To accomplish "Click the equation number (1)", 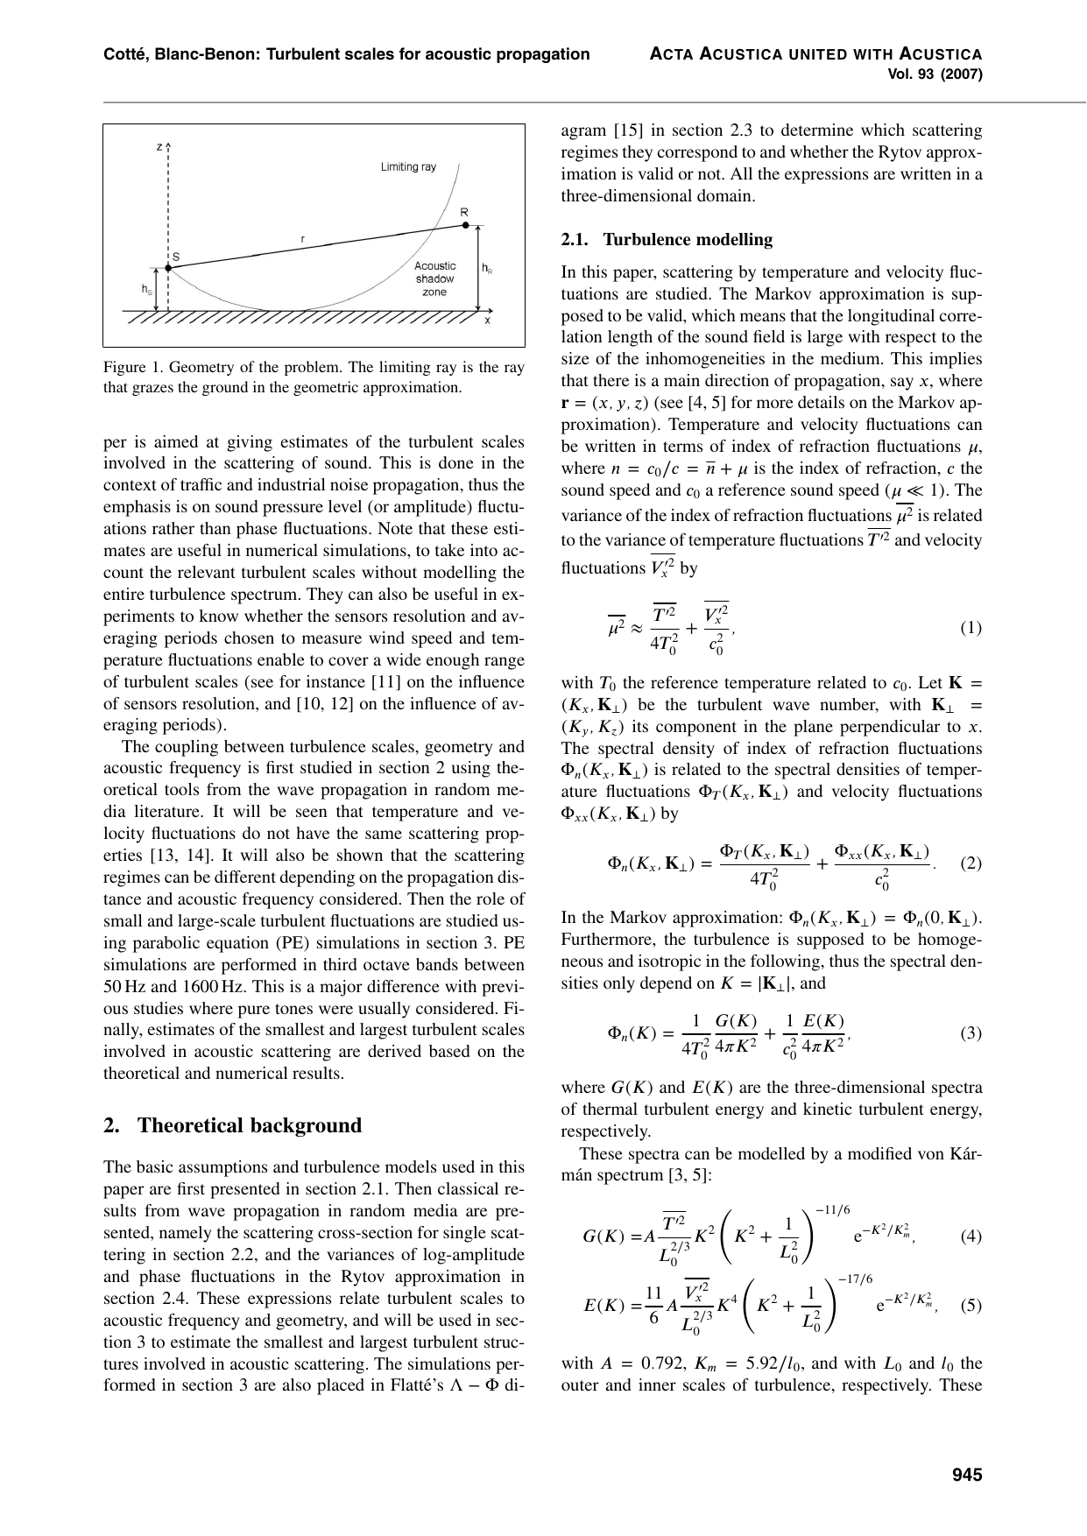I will (x=971, y=629).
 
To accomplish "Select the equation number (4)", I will (x=971, y=1237).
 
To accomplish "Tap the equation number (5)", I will (x=971, y=1306).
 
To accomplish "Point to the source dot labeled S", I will (x=167, y=269).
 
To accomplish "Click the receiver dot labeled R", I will (x=465, y=225).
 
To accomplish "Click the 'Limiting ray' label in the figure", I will (x=408, y=166).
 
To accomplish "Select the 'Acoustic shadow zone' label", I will (x=434, y=278).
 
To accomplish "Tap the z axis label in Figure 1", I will (x=159, y=147).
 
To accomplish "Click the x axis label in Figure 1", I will (x=488, y=321).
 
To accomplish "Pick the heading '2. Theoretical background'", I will (x=232, y=1125).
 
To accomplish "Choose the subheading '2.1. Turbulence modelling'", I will (x=667, y=239).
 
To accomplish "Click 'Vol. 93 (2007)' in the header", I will (x=935, y=74).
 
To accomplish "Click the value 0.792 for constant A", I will (x=632, y=1363).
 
